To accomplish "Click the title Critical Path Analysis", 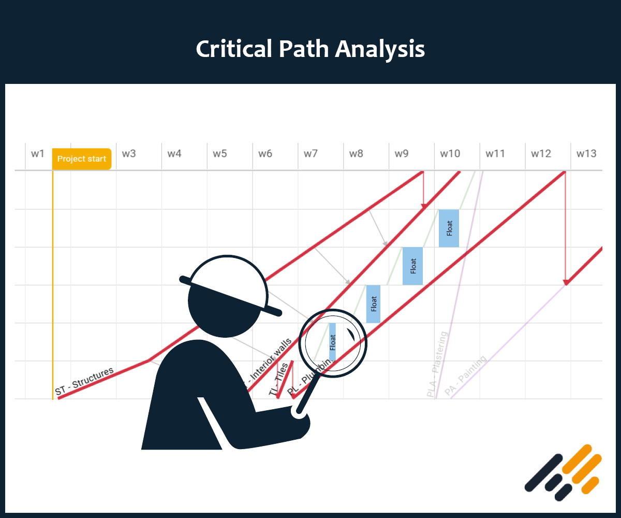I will pos(310,49).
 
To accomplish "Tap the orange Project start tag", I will pos(82,159).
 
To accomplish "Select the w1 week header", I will pos(37,154).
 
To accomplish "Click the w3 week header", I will pos(129,154).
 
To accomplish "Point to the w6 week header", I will pos(265,154).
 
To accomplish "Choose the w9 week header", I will pos(402,154).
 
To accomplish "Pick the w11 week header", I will pos(495,154).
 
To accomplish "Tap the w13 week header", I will pos(586,154).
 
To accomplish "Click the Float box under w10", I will pos(449,228).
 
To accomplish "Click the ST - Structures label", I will pos(84,381).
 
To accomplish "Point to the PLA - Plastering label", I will pos(437,365).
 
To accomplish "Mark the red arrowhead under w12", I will pos(566,282).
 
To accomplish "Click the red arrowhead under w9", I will pos(423,206).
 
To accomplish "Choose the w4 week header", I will pos(174,154).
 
